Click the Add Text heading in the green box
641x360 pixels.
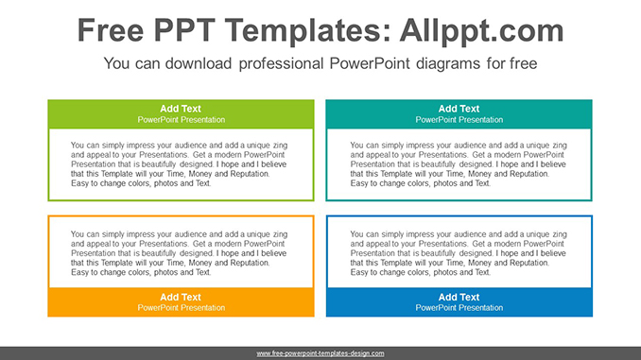pyautogui.click(x=181, y=109)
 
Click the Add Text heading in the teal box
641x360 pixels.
pyautogui.click(x=459, y=109)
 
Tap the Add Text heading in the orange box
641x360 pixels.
pyautogui.click(x=181, y=297)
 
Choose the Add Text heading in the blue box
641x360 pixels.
pyautogui.click(x=459, y=297)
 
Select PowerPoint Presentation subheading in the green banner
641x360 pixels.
pyautogui.click(x=181, y=120)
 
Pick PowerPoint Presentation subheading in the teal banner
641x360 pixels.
pyautogui.click(x=459, y=120)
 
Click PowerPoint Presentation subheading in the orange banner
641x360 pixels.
pyautogui.click(x=181, y=308)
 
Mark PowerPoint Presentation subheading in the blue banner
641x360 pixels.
pyautogui.click(x=459, y=308)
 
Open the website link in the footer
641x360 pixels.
pyautogui.click(x=320, y=353)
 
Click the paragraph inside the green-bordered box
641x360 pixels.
pyautogui.click(x=179, y=164)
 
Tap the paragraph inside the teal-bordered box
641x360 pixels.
pyautogui.click(x=458, y=164)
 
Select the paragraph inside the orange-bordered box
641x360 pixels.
pyautogui.click(x=179, y=252)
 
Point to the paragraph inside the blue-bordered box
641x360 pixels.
pyautogui.click(x=458, y=252)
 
